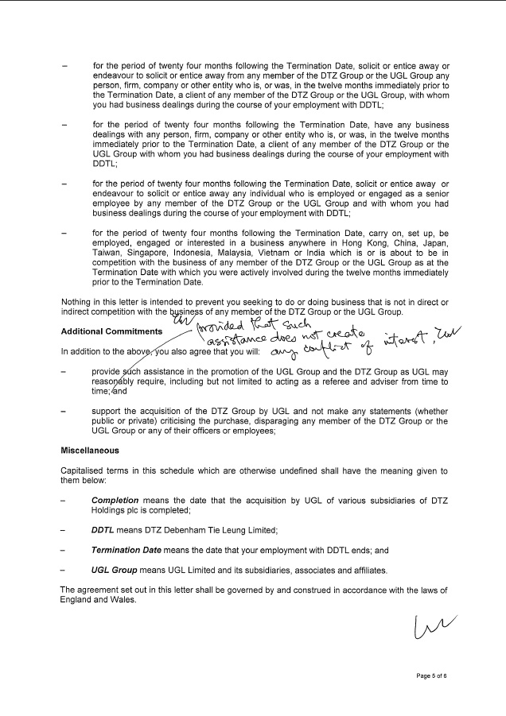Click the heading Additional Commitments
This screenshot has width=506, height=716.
tap(112, 331)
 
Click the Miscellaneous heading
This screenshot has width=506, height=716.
tap(90, 451)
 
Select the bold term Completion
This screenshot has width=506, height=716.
tap(115, 501)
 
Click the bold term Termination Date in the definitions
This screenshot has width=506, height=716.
tap(127, 551)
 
